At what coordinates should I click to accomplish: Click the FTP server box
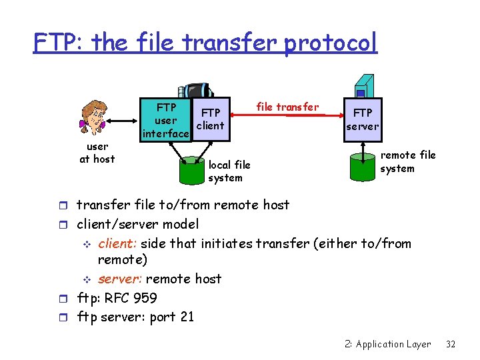[363, 119]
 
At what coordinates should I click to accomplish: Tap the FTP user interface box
[166, 120]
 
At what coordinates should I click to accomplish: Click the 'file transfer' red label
[287, 106]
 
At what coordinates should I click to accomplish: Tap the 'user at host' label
[97, 153]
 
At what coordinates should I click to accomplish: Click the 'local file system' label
[229, 171]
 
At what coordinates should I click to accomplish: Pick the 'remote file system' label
[407, 161]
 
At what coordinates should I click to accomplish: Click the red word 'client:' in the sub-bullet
[118, 244]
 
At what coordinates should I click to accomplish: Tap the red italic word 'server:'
[120, 279]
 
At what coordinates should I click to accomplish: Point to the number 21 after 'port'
[186, 316]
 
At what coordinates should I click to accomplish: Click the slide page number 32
[451, 344]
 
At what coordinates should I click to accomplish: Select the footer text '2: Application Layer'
[387, 344]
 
